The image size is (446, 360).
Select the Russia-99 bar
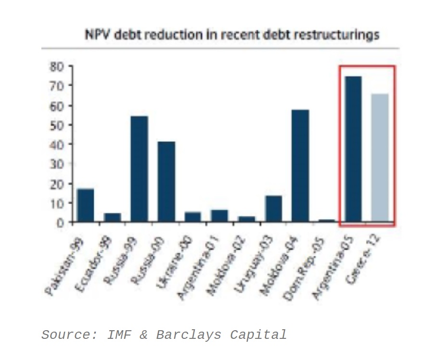point(139,169)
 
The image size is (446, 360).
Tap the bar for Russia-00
point(166,182)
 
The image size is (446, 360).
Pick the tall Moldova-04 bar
point(300,166)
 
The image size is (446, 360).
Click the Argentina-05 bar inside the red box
point(353,149)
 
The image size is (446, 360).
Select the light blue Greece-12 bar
point(380,158)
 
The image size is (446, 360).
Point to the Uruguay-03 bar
point(273,209)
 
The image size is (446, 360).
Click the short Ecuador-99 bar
point(113,217)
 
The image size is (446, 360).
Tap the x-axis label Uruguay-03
point(254,267)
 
